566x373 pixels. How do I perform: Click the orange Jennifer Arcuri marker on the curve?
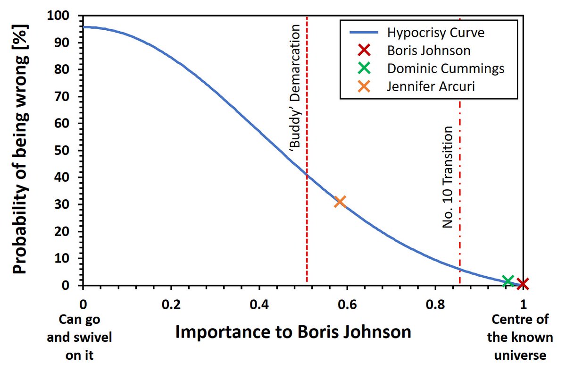coord(340,202)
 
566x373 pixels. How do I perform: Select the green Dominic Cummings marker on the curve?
coord(508,281)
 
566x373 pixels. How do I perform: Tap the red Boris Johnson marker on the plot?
coord(523,283)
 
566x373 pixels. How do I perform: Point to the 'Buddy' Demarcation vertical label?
coord(295,88)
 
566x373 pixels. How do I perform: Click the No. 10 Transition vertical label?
coord(447,178)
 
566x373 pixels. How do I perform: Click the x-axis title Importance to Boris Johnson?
coord(292,332)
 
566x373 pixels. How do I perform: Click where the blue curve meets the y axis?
coord(83,27)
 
